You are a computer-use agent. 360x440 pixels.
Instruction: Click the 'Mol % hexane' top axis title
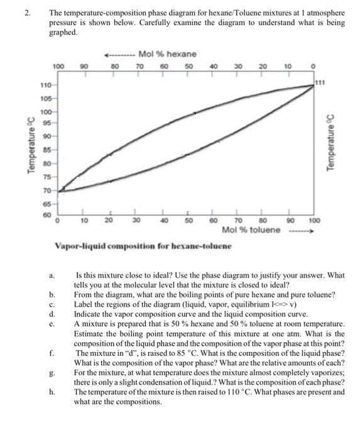(167, 53)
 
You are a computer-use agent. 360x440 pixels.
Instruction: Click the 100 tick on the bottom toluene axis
(315, 221)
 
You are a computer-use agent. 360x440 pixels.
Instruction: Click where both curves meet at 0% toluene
(60, 190)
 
